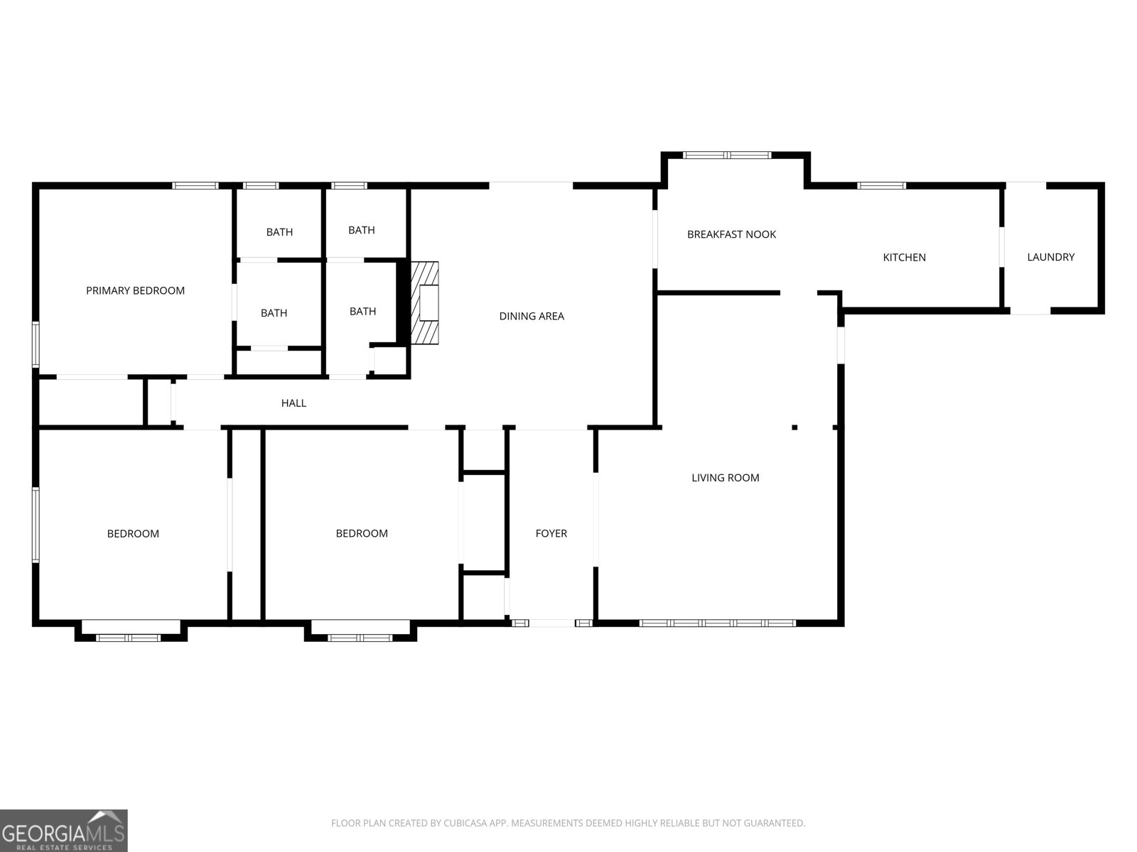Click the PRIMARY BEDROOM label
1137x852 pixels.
pos(135,290)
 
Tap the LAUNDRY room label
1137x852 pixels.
pos(1050,257)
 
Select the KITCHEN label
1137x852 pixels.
pos(904,257)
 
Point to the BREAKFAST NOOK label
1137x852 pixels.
pos(731,234)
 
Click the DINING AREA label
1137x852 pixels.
pos(532,316)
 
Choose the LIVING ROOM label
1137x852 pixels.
pos(725,478)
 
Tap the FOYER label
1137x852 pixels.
pos(551,533)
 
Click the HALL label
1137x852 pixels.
pos(293,403)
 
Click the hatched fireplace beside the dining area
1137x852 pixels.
pos(427,302)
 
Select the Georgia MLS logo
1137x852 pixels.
pos(63,830)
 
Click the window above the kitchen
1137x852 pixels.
pos(881,186)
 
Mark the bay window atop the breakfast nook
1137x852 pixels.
pos(726,154)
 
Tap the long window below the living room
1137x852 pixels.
pos(717,623)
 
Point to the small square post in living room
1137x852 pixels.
pos(794,427)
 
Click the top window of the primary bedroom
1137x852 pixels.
pos(195,186)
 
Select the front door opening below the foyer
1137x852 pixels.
pos(552,623)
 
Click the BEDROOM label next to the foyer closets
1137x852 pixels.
pos(362,533)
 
